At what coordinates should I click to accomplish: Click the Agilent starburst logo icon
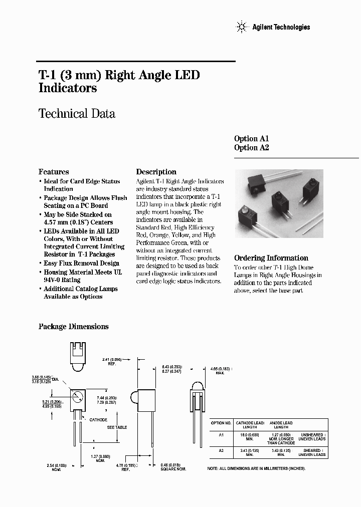(242, 27)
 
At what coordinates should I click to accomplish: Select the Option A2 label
(252, 148)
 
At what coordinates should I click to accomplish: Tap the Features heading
(54, 172)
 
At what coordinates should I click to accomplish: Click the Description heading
(156, 172)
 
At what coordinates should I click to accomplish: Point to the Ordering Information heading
(271, 258)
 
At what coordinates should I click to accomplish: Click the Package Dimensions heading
(74, 327)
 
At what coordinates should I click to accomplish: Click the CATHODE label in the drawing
(98, 419)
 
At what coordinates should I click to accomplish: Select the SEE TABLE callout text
(117, 427)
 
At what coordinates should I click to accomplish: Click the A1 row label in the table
(221, 435)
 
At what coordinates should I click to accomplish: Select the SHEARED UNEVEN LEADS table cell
(312, 453)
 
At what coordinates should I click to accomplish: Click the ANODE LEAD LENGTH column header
(281, 425)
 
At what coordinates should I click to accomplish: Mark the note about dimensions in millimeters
(256, 468)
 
